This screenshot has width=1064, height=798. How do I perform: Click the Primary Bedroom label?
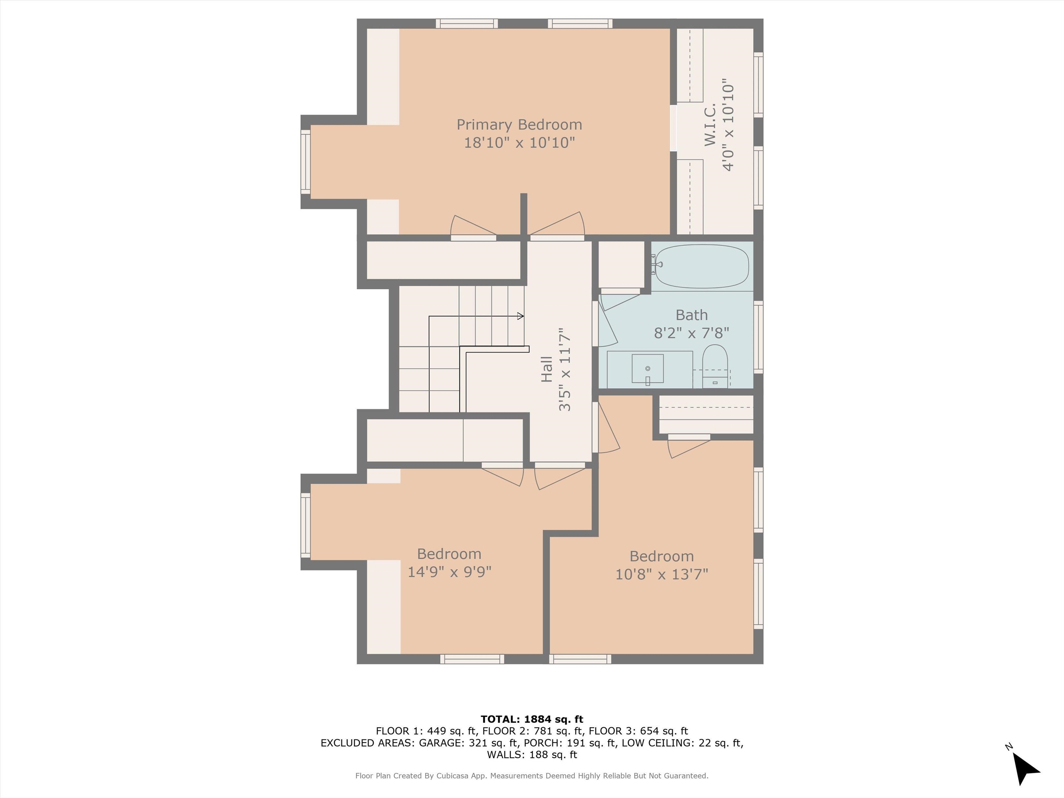point(519,125)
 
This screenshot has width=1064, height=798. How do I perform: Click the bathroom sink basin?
point(647,369)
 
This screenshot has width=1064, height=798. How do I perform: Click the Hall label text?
point(547,370)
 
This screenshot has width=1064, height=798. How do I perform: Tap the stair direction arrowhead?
point(521,316)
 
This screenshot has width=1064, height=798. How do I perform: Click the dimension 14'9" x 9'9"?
point(449,572)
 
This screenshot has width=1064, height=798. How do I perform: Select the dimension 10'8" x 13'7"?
point(662,574)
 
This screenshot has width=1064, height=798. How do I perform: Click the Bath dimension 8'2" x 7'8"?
point(692,333)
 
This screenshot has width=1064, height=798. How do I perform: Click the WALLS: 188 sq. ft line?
point(532,755)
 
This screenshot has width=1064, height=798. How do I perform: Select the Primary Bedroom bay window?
point(305,162)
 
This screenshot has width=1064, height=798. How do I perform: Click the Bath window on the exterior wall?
point(758,337)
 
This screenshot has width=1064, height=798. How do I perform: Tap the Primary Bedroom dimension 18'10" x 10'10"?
point(520,143)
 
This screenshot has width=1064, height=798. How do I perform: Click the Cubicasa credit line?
point(532,776)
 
